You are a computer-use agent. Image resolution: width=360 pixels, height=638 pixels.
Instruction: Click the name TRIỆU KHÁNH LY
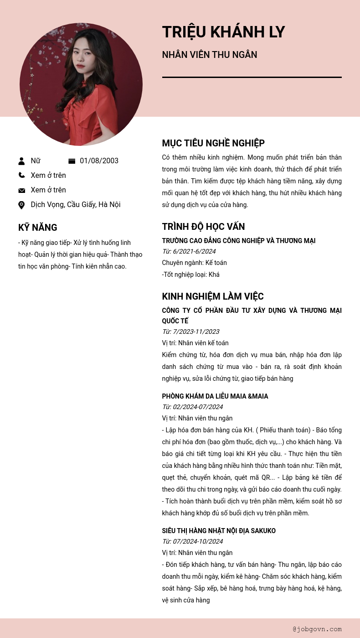(223, 32)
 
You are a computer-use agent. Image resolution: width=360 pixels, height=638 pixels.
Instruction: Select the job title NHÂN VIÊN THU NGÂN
(210, 55)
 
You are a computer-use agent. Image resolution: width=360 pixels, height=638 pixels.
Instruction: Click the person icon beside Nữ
(21, 161)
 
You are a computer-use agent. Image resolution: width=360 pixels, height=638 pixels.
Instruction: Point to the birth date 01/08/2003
(99, 161)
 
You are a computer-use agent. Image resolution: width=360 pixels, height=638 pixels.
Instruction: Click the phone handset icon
(21, 175)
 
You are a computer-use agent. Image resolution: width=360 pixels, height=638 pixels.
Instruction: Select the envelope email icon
(21, 190)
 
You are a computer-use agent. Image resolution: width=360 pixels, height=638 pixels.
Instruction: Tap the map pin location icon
(21, 205)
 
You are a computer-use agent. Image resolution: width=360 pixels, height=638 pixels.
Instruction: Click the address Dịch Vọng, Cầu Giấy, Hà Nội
(76, 205)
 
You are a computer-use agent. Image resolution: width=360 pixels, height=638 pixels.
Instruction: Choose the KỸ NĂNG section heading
(38, 228)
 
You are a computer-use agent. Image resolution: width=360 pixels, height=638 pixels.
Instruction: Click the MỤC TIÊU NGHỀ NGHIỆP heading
(213, 143)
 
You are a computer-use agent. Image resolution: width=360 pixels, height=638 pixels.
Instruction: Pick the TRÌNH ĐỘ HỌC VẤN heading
(203, 227)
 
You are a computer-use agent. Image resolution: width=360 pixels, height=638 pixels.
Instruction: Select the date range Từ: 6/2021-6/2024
(189, 251)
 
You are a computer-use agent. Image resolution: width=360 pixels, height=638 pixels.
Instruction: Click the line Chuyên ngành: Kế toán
(194, 263)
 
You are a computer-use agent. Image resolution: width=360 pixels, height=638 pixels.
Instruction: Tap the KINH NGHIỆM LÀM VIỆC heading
(213, 296)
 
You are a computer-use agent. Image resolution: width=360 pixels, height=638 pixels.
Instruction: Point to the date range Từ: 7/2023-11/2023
(190, 332)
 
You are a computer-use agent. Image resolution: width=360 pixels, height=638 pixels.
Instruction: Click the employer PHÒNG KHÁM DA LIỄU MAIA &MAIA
(215, 396)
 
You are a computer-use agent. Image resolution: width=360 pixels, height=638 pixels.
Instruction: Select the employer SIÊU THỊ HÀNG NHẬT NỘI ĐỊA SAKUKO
(219, 531)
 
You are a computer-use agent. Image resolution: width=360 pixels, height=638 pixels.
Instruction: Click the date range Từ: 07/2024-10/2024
(192, 541)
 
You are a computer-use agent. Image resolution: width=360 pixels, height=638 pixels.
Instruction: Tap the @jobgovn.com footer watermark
(317, 629)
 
